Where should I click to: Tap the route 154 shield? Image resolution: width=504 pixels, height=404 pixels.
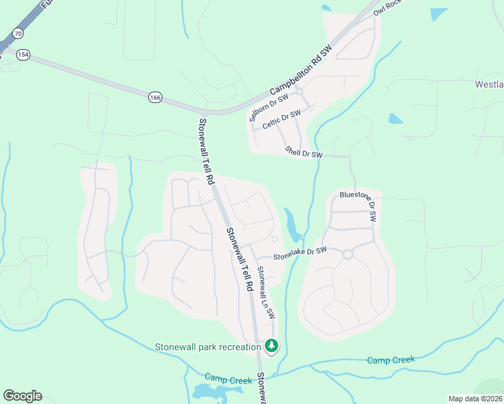point(24,56)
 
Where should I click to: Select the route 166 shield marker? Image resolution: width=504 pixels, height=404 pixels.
point(156,98)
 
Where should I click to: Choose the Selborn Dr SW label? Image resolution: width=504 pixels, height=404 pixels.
point(263,106)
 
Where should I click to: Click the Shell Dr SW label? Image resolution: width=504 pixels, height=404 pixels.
point(304,153)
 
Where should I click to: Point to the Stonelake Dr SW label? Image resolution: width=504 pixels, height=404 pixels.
point(299,254)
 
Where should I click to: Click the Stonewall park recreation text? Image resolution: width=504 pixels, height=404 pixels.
point(208,347)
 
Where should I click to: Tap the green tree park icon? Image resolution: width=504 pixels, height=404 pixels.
point(272,346)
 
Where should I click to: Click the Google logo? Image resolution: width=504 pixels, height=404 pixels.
point(22,395)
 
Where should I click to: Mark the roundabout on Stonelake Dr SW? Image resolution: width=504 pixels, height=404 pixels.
point(348,255)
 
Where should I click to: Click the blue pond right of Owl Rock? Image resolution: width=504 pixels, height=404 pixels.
point(438,13)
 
